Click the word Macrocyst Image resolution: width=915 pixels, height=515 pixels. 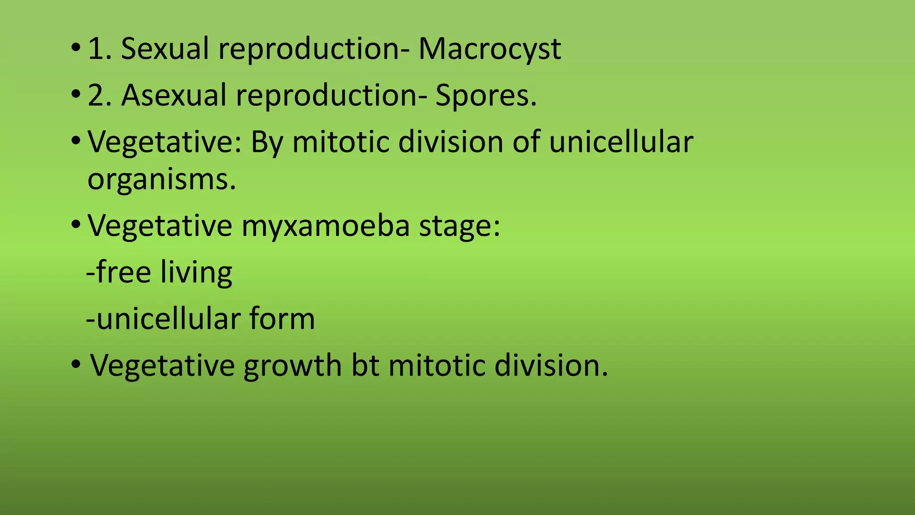point(490,49)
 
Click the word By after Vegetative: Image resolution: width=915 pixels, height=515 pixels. point(267,143)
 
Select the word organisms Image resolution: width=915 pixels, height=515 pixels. point(161,179)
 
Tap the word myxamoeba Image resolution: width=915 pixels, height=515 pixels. point(325,225)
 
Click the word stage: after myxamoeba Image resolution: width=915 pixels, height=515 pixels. point(460,226)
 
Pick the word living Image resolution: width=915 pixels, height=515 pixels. point(196,272)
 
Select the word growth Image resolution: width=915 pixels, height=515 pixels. point(293,366)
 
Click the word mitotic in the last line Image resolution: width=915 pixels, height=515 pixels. point(437,365)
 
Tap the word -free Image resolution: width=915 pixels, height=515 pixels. point(118,272)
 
